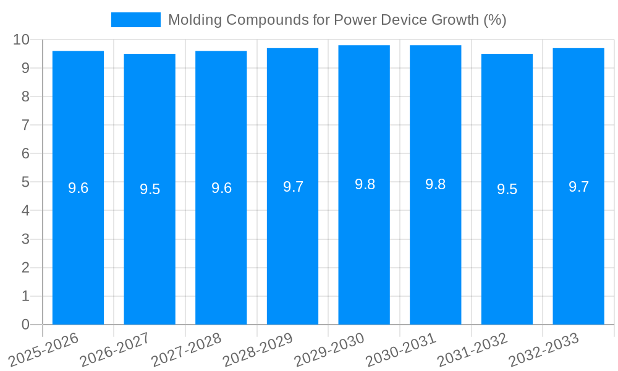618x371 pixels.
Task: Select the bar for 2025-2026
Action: pyautogui.click(x=78, y=247)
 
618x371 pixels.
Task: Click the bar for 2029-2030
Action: pyautogui.click(x=364, y=247)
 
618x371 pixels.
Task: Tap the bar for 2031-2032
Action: pyautogui.click(x=507, y=247)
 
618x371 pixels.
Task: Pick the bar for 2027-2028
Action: pyautogui.click(x=221, y=247)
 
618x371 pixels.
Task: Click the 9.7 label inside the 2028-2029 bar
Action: pyautogui.click(x=293, y=187)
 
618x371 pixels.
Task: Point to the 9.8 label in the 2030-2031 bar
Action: pyautogui.click(x=436, y=184)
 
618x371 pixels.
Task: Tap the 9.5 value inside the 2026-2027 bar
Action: pyautogui.click(x=150, y=189)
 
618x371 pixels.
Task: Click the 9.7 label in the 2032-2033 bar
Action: pyautogui.click(x=578, y=187)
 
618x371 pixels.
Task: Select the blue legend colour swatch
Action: pyautogui.click(x=135, y=20)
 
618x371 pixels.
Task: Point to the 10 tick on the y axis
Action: pyautogui.click(x=22, y=40)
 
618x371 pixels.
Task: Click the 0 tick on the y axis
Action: pyautogui.click(x=25, y=325)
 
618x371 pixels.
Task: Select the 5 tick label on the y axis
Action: pyautogui.click(x=25, y=182)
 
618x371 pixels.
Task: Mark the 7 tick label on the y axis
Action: pyautogui.click(x=25, y=125)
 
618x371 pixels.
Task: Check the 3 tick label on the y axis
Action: pyautogui.click(x=25, y=239)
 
